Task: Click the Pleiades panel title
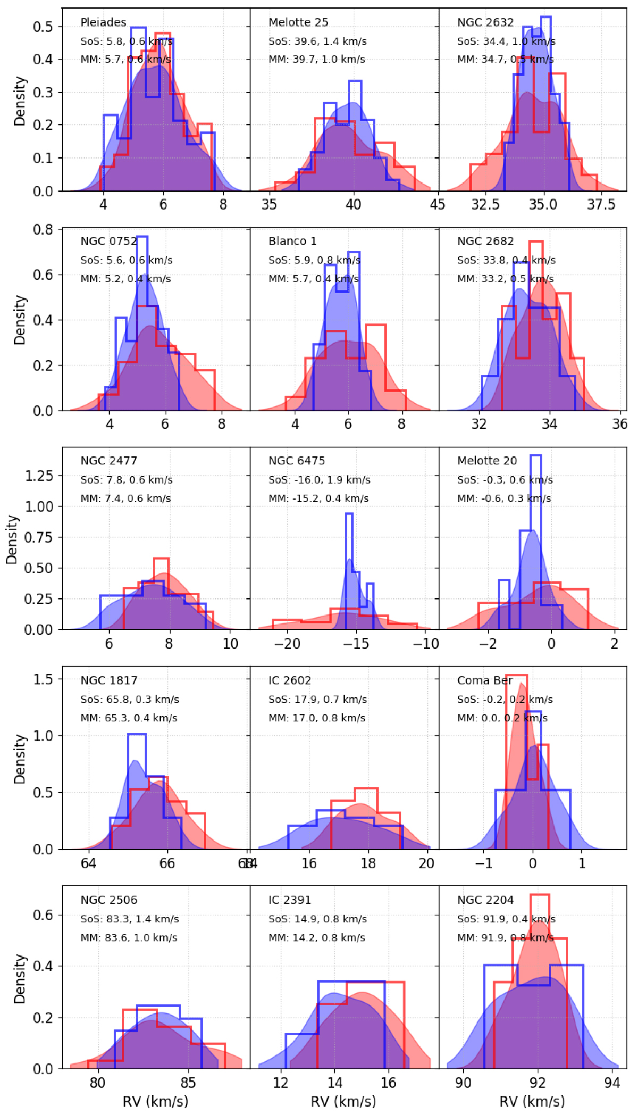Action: pos(103,22)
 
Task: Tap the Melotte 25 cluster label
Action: pos(298,22)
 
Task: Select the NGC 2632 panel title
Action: pos(485,22)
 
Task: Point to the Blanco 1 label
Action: pos(292,242)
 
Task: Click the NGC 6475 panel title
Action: pos(297,461)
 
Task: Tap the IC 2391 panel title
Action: pos(290,900)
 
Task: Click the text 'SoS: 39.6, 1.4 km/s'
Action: pos(317,41)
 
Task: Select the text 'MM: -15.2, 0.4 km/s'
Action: pos(318,498)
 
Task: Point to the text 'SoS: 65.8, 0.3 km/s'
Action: pos(130,700)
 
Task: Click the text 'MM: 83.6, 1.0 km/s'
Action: pos(129,937)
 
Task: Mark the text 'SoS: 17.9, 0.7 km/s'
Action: pos(317,700)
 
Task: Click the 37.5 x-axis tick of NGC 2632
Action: pos(601,205)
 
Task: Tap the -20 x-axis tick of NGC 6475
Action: pos(287,644)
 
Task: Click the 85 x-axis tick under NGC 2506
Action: pos(188,1083)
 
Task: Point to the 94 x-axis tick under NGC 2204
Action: pos(612,1083)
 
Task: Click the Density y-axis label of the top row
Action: pos(20,101)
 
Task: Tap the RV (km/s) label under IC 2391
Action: pos(343,1101)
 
